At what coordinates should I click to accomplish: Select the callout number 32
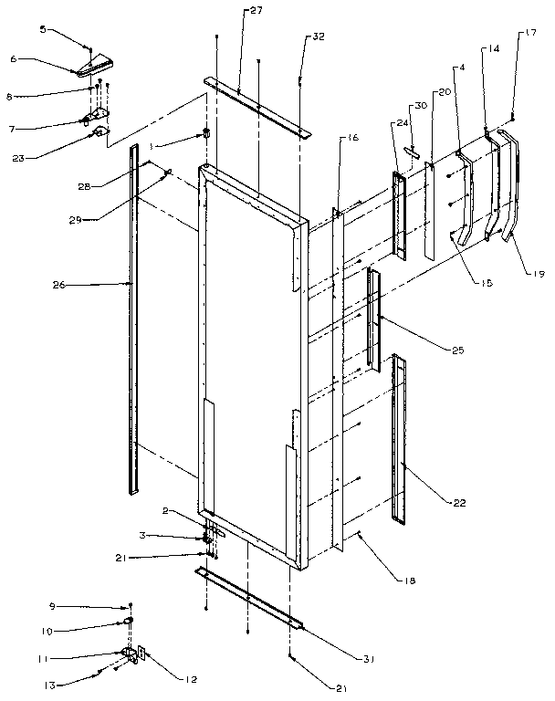click(318, 38)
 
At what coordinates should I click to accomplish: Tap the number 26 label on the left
click(32, 285)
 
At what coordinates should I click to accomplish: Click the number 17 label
click(529, 36)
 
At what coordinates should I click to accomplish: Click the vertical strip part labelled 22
click(398, 438)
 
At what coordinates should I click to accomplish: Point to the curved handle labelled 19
click(511, 192)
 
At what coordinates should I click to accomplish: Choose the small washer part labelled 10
click(129, 621)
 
